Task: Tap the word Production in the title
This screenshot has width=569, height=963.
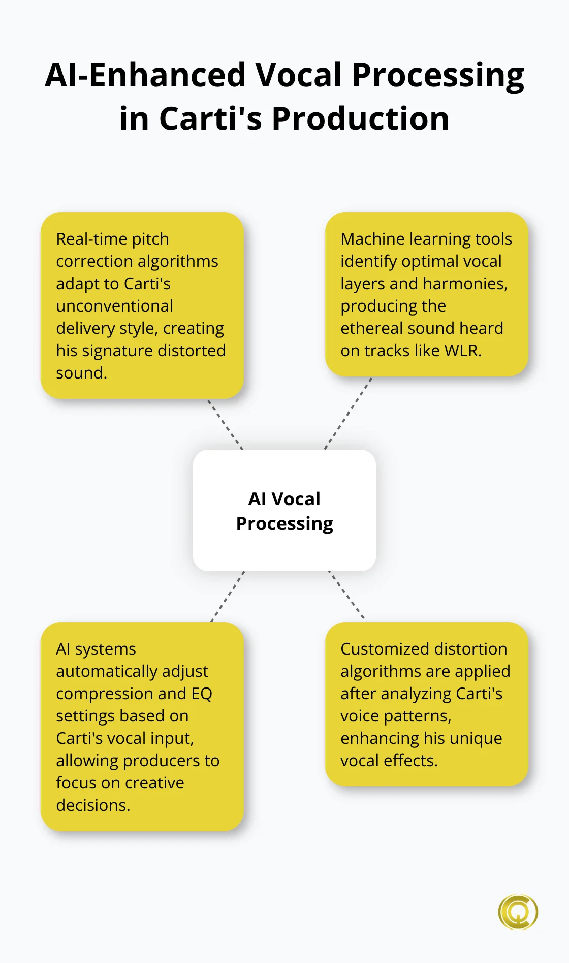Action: pos(360,119)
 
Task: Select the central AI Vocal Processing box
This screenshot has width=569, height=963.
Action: pos(284,510)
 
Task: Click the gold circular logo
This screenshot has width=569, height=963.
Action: pos(518,912)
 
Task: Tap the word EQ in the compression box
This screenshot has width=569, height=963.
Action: pos(202,694)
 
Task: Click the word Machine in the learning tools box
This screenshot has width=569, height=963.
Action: pos(372,239)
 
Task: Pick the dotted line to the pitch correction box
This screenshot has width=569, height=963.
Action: pos(225,424)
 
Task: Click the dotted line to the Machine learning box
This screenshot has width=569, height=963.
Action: pos(348,413)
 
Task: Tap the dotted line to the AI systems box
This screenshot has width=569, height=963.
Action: pos(228,597)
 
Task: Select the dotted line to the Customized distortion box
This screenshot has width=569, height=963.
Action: pos(347,597)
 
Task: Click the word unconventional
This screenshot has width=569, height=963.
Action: pos(114,306)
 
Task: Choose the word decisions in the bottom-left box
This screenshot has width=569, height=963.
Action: pos(93,805)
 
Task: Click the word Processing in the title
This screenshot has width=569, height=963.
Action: pos(438,76)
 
